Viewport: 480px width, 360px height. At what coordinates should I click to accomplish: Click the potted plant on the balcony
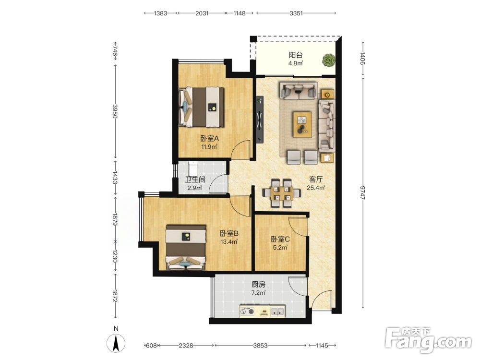coord(328,60)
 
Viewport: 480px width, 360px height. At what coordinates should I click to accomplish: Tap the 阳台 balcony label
coord(296,55)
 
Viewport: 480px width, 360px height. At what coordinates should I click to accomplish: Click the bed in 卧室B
coord(185,248)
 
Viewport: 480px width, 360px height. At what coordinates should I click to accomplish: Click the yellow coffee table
coord(302,124)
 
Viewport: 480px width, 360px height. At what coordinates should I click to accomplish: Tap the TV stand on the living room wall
coord(260,120)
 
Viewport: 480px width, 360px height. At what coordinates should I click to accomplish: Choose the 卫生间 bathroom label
coord(195,180)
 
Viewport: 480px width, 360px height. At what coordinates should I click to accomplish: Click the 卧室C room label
coord(280,239)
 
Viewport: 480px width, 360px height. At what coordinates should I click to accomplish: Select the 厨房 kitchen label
coord(258,284)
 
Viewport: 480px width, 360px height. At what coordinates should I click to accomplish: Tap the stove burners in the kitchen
coord(247,312)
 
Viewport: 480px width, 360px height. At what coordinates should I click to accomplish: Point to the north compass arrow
coord(116,343)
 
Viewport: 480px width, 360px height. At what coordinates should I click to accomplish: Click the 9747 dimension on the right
coord(362,192)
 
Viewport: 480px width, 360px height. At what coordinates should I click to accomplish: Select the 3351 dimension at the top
coord(296,13)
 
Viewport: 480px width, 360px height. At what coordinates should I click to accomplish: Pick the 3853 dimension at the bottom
coord(260,346)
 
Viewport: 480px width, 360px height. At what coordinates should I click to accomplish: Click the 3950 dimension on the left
coord(115,111)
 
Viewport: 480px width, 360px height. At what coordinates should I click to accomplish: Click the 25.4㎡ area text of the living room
coord(316,188)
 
